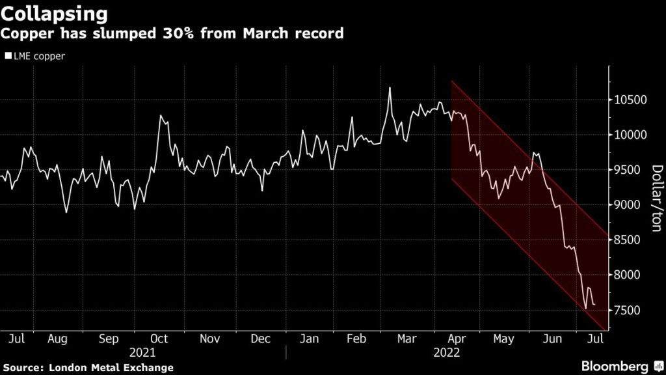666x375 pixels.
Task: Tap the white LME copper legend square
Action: click(8, 56)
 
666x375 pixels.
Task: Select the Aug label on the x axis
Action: click(57, 339)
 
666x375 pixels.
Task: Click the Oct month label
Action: click(159, 339)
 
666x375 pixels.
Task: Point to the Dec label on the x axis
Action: click(260, 339)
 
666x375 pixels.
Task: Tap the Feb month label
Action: click(356, 339)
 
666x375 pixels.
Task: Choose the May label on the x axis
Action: click(503, 339)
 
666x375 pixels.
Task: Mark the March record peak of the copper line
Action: click(390, 88)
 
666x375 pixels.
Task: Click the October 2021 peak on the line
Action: click(160, 116)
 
